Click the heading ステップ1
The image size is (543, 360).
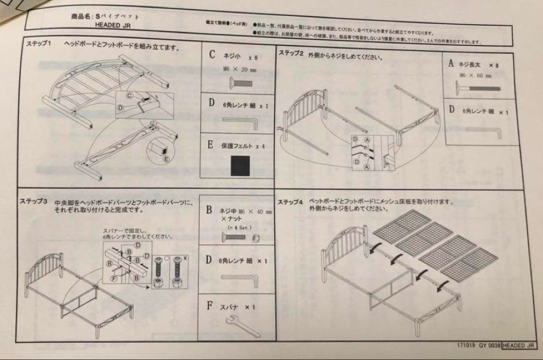[x=39, y=44]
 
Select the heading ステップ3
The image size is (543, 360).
[x=33, y=201]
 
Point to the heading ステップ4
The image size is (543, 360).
[x=290, y=202]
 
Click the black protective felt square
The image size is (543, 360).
[x=240, y=165]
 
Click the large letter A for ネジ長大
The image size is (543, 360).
[x=451, y=64]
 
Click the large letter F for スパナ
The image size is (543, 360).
[x=210, y=305]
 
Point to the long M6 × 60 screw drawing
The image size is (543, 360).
[x=478, y=88]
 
